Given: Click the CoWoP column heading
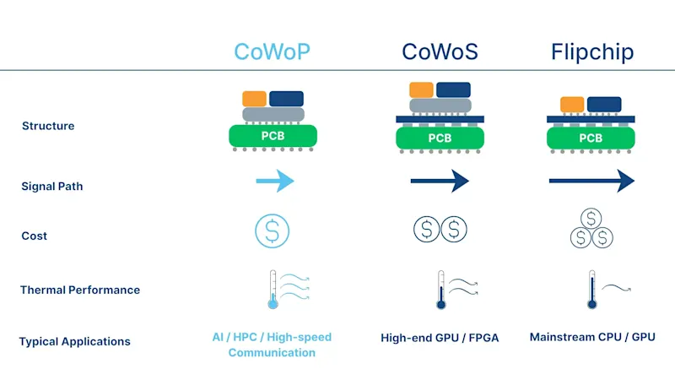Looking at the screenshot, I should point(272,52).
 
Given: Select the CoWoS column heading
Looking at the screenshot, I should point(440,52).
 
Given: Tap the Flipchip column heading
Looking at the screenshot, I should point(591,52).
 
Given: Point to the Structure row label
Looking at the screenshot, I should point(48,126).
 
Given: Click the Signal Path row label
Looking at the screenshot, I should point(51,187).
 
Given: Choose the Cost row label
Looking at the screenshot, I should point(35,236).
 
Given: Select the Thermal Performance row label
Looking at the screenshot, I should point(80,290).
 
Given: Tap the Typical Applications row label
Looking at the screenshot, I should point(75,341).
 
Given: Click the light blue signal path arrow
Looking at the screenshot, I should point(274,181).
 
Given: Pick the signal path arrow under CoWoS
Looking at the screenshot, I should point(440,181).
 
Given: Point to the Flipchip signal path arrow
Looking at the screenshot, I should point(591,181).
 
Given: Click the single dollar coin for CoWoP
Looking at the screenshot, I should point(272,230).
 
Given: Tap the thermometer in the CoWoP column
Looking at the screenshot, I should point(272,290).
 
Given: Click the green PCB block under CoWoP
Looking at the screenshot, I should point(272,135).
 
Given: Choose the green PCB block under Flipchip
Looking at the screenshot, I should point(591,138).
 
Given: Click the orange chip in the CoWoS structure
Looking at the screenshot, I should point(421,90).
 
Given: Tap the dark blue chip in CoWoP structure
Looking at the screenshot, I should point(287,98).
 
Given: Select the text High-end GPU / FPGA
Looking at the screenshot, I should point(440,338).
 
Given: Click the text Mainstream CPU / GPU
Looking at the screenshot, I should point(591,337).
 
